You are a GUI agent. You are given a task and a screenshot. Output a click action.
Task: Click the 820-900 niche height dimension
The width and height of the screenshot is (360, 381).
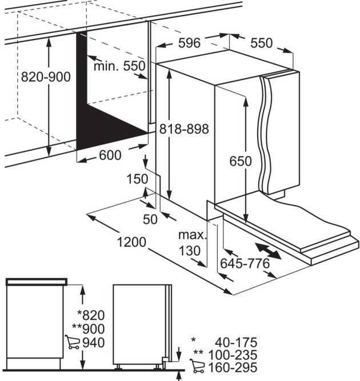pyautogui.click(x=46, y=77)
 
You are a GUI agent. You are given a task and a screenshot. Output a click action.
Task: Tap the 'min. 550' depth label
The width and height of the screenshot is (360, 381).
pyautogui.click(x=119, y=66)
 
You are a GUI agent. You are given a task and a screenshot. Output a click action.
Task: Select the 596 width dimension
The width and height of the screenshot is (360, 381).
pyautogui.click(x=189, y=43)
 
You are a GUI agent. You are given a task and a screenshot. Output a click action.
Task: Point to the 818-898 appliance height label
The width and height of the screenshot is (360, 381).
pyautogui.click(x=184, y=129)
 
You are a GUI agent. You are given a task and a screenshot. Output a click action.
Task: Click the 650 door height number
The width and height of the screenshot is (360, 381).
pyautogui.click(x=241, y=161)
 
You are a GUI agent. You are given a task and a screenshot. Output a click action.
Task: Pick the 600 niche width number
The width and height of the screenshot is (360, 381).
pyautogui.click(x=110, y=155)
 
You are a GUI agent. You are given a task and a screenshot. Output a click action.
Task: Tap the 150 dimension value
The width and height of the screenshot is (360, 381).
pyautogui.click(x=137, y=179)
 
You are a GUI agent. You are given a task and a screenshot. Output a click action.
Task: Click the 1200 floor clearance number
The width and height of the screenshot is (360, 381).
pyautogui.click(x=132, y=242)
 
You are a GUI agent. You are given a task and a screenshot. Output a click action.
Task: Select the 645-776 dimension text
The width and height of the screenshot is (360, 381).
pyautogui.click(x=245, y=263)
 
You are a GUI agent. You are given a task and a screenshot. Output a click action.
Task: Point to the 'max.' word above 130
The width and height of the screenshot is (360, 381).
pyautogui.click(x=193, y=235)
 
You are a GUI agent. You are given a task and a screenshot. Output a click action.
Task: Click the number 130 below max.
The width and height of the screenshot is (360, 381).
pyautogui.click(x=189, y=251)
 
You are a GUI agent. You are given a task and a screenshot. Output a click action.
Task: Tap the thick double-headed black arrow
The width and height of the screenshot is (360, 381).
pyautogui.click(x=268, y=252)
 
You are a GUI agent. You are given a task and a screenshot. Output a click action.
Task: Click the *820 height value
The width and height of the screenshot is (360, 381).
pyautogui.click(x=91, y=315)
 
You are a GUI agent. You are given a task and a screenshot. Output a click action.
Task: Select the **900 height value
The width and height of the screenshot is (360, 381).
pyautogui.click(x=89, y=329)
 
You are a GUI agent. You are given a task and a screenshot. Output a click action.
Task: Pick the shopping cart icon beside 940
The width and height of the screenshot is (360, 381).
pyautogui.click(x=72, y=342)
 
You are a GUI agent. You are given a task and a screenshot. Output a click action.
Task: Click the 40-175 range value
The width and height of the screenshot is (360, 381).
pyautogui.click(x=235, y=343)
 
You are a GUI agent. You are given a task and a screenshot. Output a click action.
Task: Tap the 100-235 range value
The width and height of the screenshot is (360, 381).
pyautogui.click(x=233, y=355)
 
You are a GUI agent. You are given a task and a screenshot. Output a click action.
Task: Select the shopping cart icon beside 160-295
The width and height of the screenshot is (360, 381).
pyautogui.click(x=197, y=366)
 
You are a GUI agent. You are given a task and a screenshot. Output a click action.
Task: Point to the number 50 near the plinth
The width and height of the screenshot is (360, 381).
pyautogui.click(x=150, y=220)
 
